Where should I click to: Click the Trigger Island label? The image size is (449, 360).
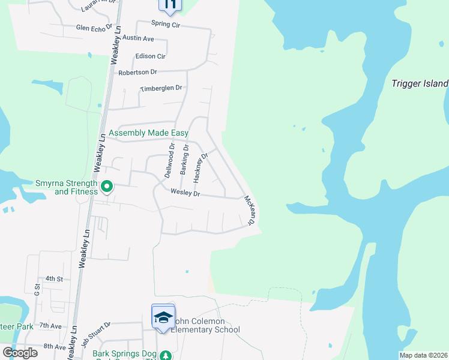pos(420,83)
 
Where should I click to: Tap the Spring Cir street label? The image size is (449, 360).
pos(165,26)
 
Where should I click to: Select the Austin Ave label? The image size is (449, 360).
pos(138,38)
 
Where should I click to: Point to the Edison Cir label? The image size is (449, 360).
pos(152,56)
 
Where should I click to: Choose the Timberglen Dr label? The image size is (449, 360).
pos(160,88)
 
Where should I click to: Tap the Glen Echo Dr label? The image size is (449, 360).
pos(94,28)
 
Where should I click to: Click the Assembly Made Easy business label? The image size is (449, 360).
pos(148,133)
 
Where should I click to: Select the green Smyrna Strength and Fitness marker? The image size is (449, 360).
pos(106,187)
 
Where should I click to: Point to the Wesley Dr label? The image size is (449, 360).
pos(185,193)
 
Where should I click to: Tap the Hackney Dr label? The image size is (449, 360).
pos(200,167)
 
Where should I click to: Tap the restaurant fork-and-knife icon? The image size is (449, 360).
pos(170,5)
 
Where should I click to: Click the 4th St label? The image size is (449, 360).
pos(54,279)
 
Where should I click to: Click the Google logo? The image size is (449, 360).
pos(20,353)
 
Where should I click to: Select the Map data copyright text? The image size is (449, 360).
pos(423,355)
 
